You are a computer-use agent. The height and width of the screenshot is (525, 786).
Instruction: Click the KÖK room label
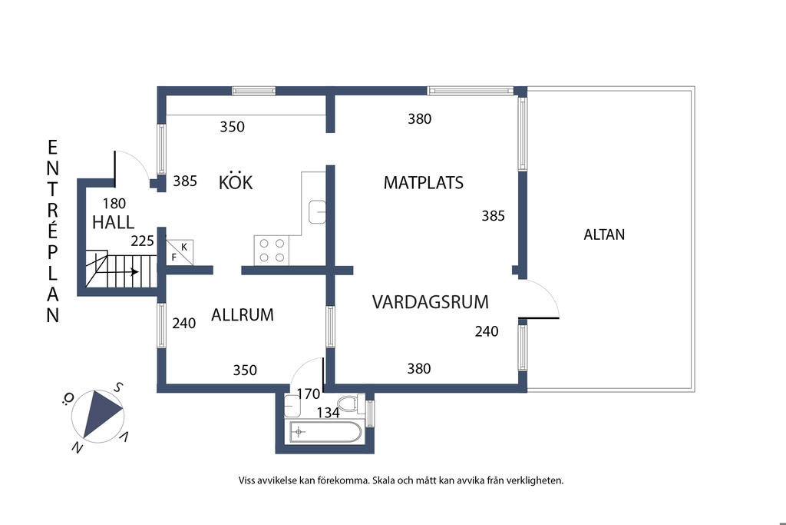pyautogui.click(x=236, y=183)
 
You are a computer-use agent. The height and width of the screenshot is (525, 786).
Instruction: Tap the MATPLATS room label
pyautogui.click(x=423, y=183)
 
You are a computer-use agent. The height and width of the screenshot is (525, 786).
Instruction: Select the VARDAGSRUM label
pyautogui.click(x=430, y=302)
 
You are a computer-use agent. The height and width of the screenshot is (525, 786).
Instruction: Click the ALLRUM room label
pyautogui.click(x=243, y=315)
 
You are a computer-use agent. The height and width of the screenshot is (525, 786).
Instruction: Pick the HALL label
pyautogui.click(x=113, y=223)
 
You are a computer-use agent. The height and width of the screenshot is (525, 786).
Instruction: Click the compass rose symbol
pyautogui.click(x=97, y=414)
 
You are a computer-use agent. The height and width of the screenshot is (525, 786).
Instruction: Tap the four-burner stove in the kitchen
pyautogui.click(x=271, y=250)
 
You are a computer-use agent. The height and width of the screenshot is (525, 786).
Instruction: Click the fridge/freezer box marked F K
pyautogui.click(x=180, y=251)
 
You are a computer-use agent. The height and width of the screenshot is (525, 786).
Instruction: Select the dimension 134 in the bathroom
pyautogui.click(x=328, y=413)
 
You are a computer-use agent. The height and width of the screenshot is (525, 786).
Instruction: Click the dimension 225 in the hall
pyautogui.click(x=142, y=241)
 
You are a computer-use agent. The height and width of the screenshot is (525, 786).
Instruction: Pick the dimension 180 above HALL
pyautogui.click(x=114, y=204)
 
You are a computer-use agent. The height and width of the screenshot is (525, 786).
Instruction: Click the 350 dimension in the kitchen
pyautogui.click(x=232, y=127)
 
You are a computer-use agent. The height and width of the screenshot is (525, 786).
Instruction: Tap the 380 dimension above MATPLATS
pyautogui.click(x=419, y=119)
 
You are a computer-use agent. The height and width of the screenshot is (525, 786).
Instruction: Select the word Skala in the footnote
pyautogui.click(x=387, y=480)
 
